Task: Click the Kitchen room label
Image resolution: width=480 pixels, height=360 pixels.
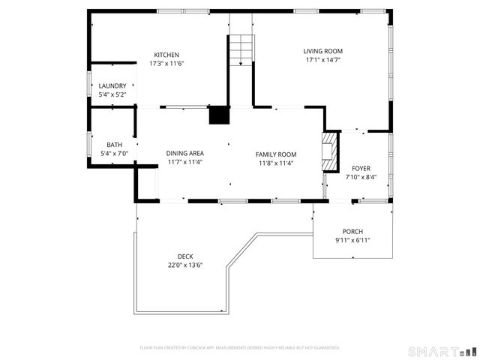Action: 166,55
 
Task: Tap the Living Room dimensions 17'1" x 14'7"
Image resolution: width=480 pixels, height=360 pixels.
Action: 322,60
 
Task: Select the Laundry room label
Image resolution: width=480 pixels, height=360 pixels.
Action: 113,86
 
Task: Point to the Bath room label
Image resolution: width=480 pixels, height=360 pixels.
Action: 114,145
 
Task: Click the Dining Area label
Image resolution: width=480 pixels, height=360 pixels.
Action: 184,153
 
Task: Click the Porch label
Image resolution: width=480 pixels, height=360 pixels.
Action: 352,231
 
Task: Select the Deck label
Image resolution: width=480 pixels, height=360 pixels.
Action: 185,256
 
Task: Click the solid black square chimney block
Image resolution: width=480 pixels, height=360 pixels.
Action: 219,115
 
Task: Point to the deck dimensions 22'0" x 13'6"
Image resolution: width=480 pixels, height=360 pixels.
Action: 185,265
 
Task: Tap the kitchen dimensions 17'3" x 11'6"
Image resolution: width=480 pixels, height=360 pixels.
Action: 166,64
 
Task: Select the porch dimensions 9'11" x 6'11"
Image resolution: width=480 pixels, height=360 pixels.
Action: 352,240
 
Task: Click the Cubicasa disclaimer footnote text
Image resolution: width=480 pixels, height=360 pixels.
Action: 240,348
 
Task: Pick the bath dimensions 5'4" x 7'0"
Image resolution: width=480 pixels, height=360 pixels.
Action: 114,154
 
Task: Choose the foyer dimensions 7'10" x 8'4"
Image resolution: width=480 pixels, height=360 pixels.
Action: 361,178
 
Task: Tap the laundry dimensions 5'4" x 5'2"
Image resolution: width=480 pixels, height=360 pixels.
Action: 113,95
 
